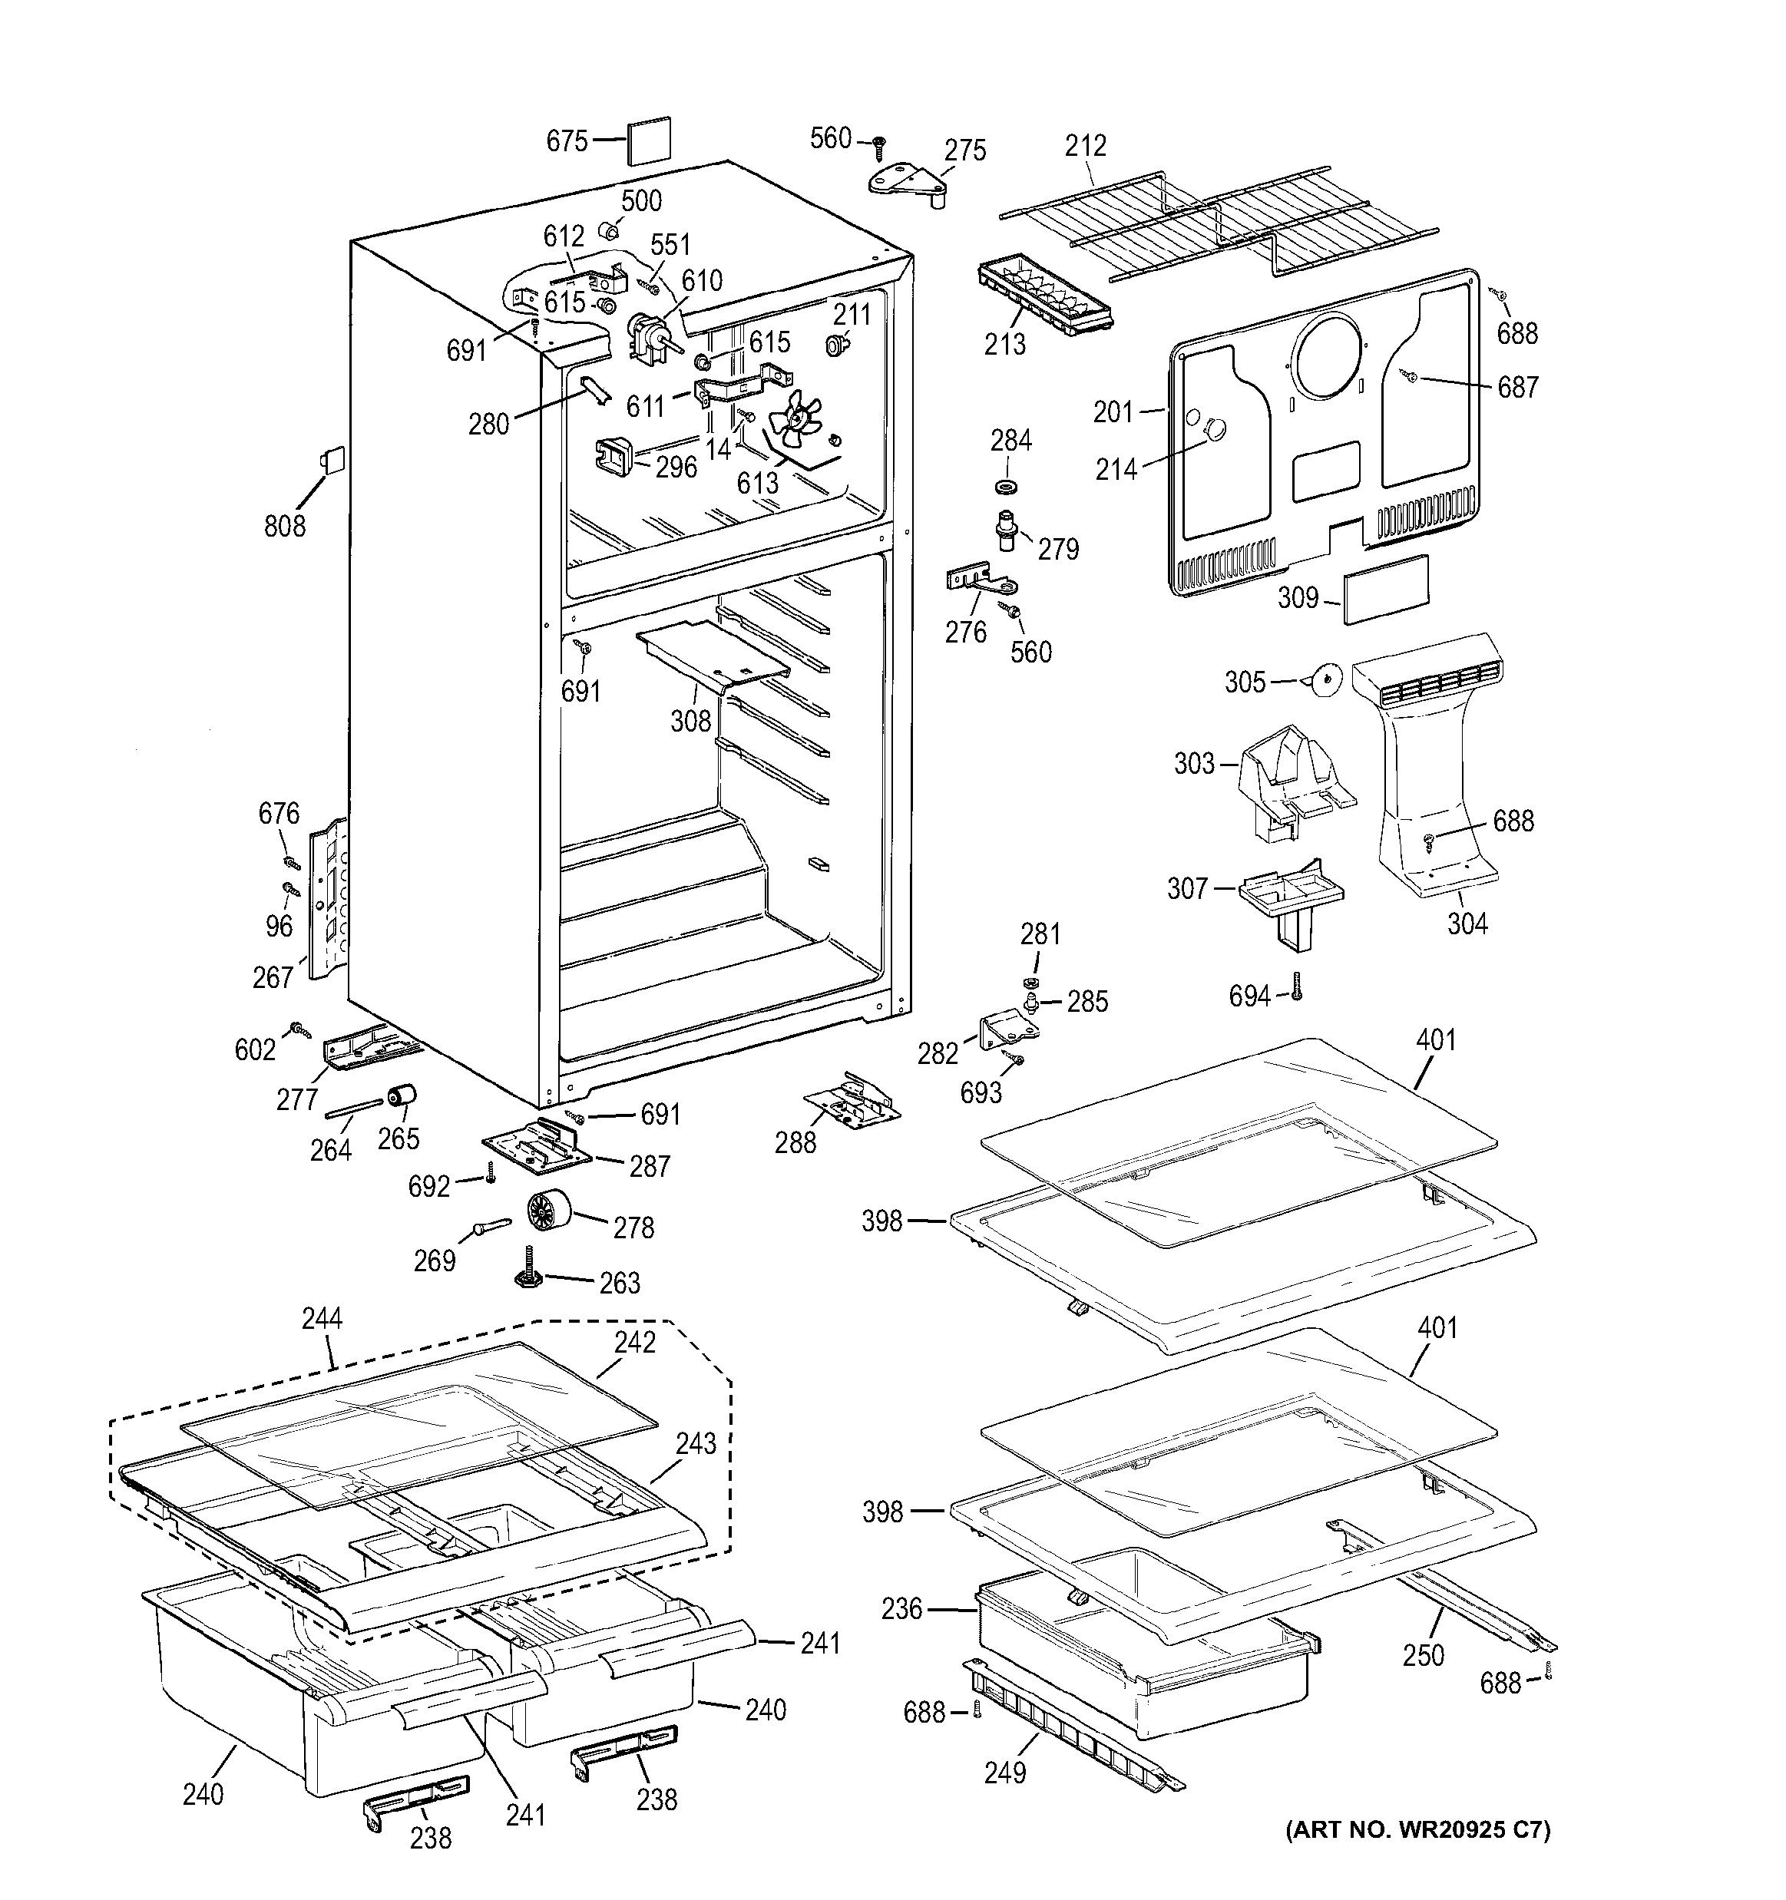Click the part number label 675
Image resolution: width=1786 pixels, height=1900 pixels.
566,141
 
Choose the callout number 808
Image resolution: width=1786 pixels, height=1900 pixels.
284,524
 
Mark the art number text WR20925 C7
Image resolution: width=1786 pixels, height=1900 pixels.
1417,1829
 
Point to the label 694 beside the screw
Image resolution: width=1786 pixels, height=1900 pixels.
1249,997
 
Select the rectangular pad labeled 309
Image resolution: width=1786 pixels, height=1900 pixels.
1385,589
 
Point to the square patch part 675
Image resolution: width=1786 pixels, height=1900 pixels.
649,140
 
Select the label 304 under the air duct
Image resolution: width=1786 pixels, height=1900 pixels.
1467,924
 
